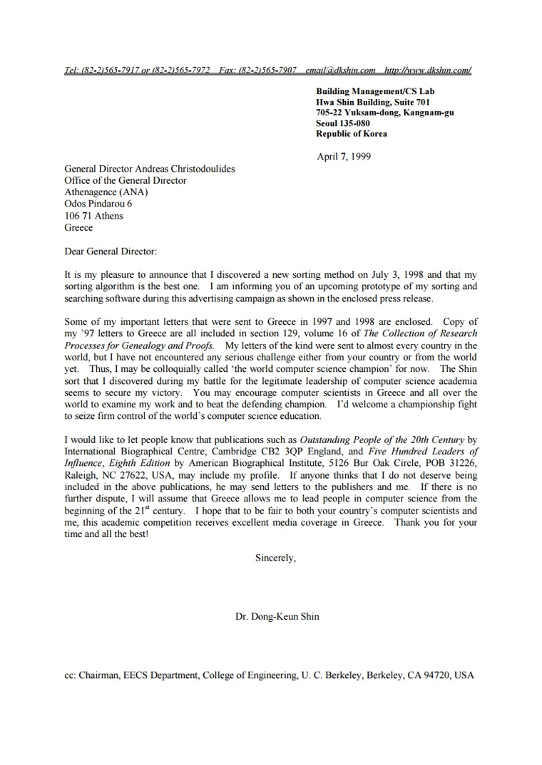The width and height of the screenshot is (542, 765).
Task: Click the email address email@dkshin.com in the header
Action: [x=340, y=70]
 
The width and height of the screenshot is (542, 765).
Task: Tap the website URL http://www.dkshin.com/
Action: [x=427, y=70]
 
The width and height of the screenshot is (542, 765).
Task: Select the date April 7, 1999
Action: [x=344, y=157]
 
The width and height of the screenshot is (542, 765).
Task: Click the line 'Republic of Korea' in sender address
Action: [x=352, y=133]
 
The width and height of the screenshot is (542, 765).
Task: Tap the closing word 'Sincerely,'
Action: [x=275, y=558]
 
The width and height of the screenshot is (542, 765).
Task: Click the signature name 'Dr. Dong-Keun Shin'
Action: [x=277, y=616]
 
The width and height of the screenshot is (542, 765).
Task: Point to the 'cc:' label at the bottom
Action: [x=70, y=675]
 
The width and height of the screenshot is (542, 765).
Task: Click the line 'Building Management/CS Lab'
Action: [x=375, y=91]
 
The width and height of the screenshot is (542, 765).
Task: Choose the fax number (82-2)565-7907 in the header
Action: [x=267, y=70]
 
